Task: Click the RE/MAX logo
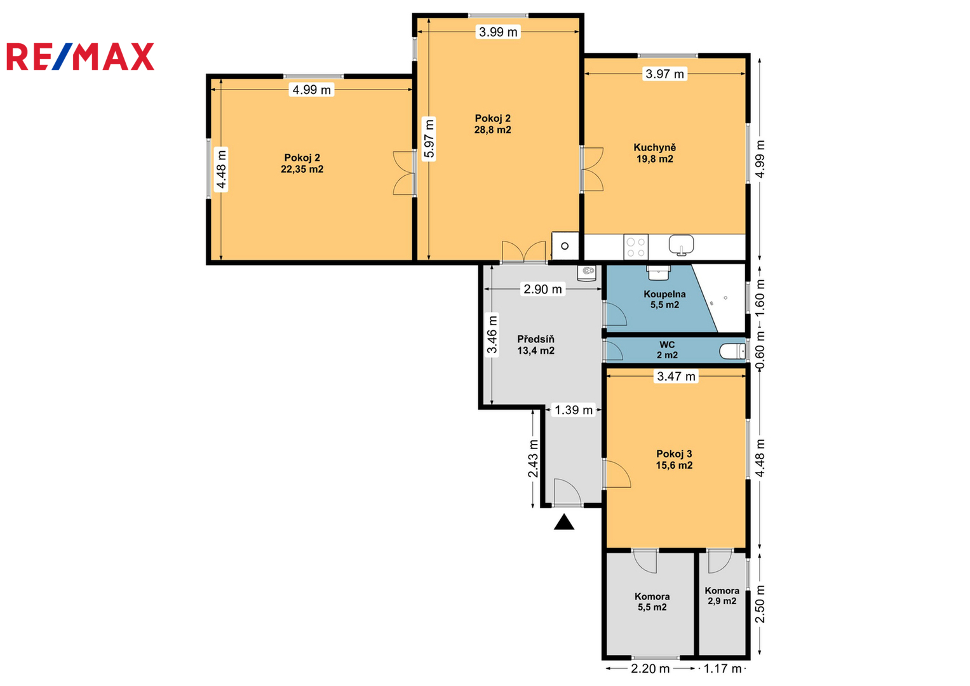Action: pos(80,57)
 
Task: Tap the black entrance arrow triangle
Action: pos(564,522)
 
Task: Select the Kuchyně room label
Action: pos(654,147)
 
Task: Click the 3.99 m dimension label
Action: pos(498,32)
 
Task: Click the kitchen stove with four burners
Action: pos(636,247)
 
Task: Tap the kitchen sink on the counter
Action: pos(681,245)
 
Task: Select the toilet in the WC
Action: pos(732,351)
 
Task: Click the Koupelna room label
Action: pos(664,294)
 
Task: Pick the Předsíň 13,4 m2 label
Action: pos(536,345)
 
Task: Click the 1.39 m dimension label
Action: pos(574,410)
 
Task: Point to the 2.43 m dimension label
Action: pos(533,459)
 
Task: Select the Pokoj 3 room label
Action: pos(674,454)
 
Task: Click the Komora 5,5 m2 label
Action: pos(652,602)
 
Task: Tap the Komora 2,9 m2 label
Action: pos(722,596)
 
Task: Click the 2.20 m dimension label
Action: pos(650,669)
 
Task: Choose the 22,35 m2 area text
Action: pos(302,170)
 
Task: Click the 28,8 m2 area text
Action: pos(492,130)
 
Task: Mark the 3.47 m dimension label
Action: pos(676,376)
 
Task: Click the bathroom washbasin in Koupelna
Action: pos(659,273)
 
